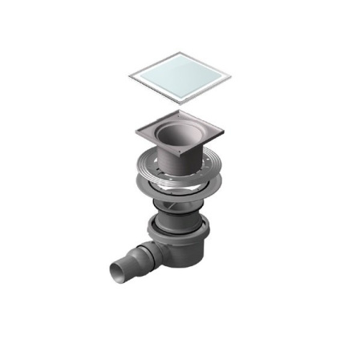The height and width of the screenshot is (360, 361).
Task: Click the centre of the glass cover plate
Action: click(180, 78)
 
